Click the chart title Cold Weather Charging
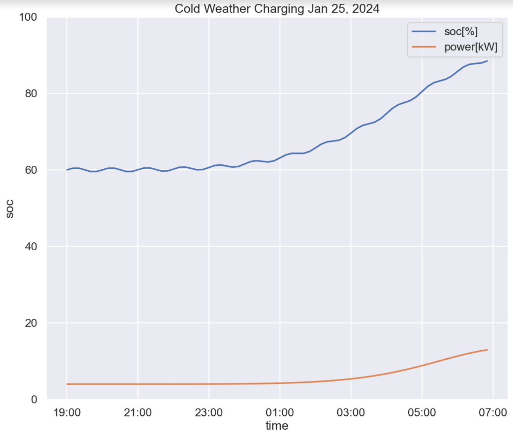coord(277,9)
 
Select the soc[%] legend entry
coord(461,32)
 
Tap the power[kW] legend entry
coord(471,47)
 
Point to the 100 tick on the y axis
coord(28,17)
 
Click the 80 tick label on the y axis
coord(31,94)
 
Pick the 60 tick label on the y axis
coord(31,170)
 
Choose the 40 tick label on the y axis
coord(31,247)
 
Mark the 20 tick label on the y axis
coord(31,323)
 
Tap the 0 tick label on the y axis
coord(34,400)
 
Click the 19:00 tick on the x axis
coord(67,412)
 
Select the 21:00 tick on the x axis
coord(138,412)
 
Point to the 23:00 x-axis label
coord(209,412)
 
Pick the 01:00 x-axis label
coord(280,412)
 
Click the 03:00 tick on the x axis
coord(351,412)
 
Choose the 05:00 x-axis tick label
coord(422,412)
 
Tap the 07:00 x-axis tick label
coord(493,412)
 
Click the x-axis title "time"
coord(277,425)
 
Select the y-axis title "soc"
coord(10,209)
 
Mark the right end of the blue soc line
coord(487,61)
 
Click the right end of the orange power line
coord(487,350)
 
